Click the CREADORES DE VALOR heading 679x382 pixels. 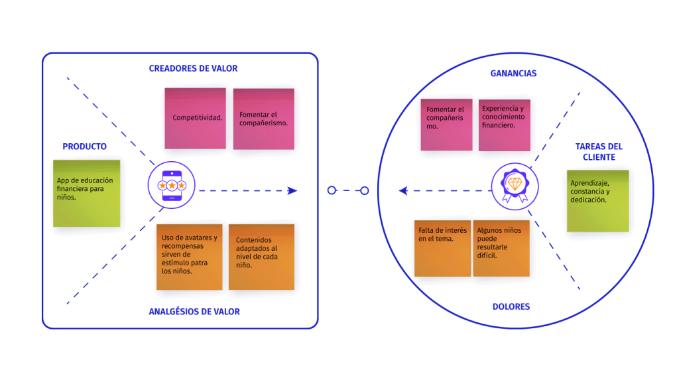tap(192, 68)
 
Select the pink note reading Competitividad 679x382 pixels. tap(196, 118)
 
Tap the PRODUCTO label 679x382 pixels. tap(85, 147)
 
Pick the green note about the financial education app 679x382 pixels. tap(87, 192)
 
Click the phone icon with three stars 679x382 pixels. tap(172, 186)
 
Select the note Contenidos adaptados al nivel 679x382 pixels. tap(261, 256)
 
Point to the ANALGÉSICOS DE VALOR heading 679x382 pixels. tap(194, 312)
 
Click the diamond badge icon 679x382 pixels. tap(515, 184)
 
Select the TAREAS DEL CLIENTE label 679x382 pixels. tap(599, 152)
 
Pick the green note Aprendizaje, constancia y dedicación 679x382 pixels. tap(597, 200)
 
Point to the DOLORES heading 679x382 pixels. tap(511, 307)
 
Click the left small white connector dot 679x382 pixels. tap(332, 190)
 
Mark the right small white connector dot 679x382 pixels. tap(364, 190)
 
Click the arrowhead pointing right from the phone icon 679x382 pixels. tap(292, 190)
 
